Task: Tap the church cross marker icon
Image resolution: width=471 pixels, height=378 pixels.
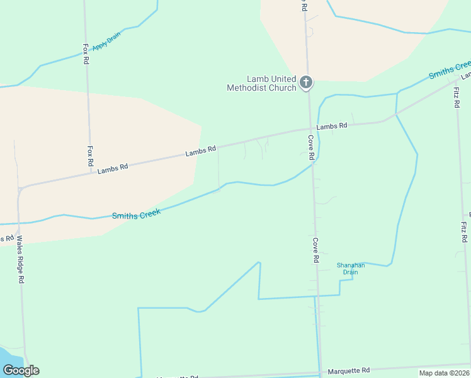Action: pyautogui.click(x=306, y=82)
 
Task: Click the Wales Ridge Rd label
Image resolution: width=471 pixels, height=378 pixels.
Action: pyautogui.click(x=20, y=259)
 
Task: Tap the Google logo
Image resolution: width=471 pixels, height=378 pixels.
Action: pyautogui.click(x=21, y=370)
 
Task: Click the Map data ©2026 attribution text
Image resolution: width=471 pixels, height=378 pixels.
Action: pyautogui.click(x=443, y=373)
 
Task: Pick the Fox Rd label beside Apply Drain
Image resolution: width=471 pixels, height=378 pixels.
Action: pyautogui.click(x=86, y=54)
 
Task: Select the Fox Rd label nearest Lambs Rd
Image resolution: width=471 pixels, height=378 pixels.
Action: pyautogui.click(x=90, y=156)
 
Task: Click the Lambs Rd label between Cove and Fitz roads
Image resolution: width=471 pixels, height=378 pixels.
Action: pyautogui.click(x=332, y=126)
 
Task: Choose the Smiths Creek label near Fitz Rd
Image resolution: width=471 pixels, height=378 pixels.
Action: pyautogui.click(x=450, y=70)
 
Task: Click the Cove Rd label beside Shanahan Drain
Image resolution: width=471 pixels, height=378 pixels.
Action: pyautogui.click(x=315, y=250)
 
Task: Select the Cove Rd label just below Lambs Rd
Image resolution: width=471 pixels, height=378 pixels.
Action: pyautogui.click(x=311, y=147)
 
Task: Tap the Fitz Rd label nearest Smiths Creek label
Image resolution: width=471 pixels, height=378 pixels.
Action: pyautogui.click(x=457, y=94)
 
